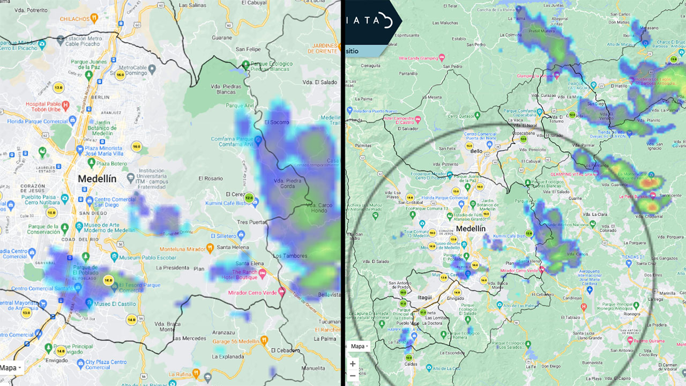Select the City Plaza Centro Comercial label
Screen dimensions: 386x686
[105, 365]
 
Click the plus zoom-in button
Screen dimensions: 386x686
[353, 364]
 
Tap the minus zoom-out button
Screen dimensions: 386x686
[353, 375]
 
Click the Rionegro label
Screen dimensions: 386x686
[632, 314]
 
